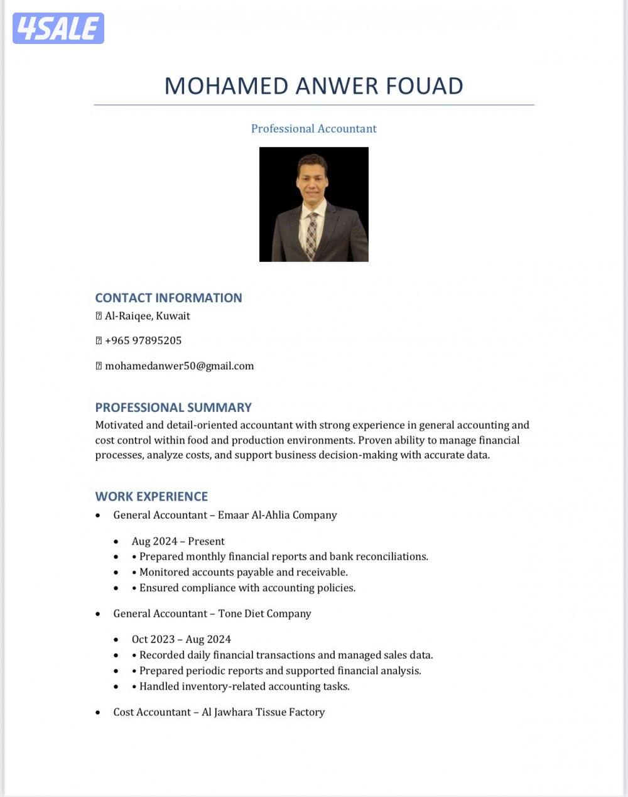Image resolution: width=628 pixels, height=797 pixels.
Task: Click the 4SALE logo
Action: point(58,28)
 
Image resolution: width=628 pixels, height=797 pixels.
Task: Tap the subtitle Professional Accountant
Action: point(313,129)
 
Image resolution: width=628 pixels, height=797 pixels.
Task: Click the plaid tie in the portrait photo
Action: point(311,236)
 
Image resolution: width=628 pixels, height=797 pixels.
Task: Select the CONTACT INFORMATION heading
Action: point(168,298)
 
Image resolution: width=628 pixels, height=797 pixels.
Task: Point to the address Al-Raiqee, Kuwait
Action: point(147,316)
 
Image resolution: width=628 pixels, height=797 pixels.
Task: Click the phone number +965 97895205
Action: point(143,340)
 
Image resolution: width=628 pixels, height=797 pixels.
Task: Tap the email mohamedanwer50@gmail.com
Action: point(179,366)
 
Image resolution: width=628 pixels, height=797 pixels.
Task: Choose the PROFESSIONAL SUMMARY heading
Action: point(173,407)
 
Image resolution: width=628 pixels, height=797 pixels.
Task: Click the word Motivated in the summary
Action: point(119,425)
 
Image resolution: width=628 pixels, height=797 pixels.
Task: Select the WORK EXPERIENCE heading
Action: point(151,496)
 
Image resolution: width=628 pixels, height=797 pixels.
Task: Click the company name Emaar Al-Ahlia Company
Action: point(278,515)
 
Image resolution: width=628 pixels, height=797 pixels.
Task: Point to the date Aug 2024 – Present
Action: point(178,541)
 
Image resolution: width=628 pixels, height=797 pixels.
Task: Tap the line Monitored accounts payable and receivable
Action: point(243,572)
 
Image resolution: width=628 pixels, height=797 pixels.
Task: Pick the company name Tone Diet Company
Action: point(264,614)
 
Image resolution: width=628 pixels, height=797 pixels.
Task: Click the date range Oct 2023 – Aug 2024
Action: point(181,639)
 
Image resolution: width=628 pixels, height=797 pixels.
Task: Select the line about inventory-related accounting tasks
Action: point(244,686)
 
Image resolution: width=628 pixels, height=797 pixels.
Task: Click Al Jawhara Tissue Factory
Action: point(263,712)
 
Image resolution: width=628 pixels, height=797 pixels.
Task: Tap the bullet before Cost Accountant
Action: point(98,713)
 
